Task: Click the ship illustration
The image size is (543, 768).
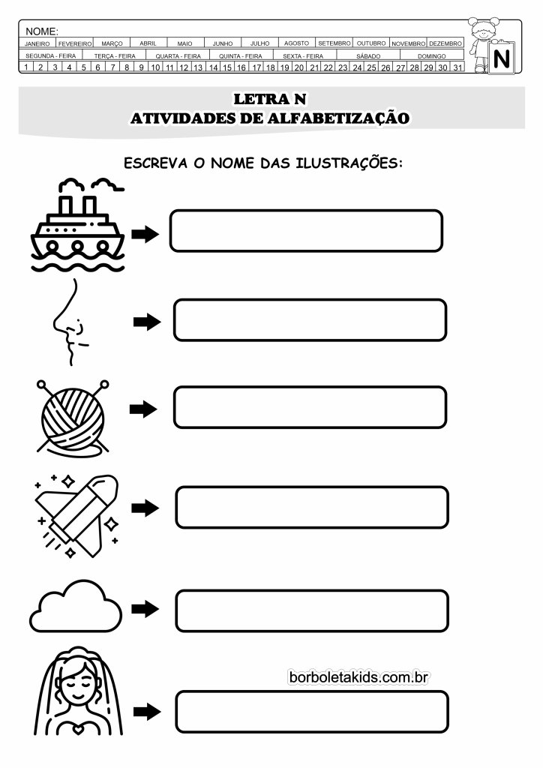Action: point(77,224)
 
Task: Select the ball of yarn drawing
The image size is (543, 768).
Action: point(73,416)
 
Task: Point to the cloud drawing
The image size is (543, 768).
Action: point(76,607)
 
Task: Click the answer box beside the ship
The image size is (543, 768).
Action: point(307,231)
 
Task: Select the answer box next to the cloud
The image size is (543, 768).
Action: point(313,610)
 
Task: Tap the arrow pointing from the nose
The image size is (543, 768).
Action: point(147,322)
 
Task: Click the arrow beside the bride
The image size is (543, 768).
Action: point(147,711)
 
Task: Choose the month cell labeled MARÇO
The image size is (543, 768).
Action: point(112,43)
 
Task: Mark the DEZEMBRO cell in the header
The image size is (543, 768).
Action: point(445,43)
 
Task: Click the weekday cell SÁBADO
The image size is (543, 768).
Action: point(368,55)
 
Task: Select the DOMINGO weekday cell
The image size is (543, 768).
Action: point(432,55)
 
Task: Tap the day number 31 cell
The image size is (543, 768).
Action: point(457,67)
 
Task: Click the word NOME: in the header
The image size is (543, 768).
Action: point(41,31)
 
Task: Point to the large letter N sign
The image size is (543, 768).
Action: point(502,58)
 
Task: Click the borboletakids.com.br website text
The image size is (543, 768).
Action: point(359,677)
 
